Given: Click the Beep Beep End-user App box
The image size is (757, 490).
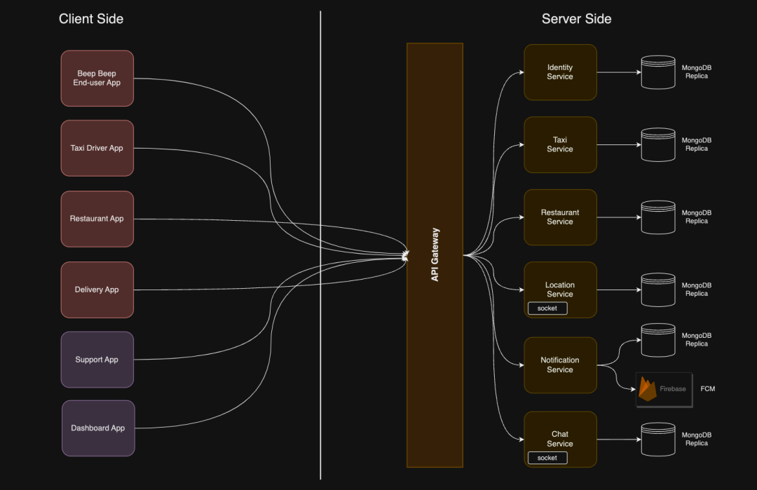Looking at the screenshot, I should coord(97,78).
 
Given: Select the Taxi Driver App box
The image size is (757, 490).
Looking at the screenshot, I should coord(97,148).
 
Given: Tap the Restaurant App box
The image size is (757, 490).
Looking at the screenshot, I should coord(97,219).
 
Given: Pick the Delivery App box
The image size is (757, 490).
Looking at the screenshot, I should coord(97,290).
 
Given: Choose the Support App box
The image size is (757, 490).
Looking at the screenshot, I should coord(97,360).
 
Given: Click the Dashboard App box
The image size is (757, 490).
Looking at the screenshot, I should coord(98,428).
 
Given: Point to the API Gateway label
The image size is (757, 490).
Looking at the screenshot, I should coord(435,255).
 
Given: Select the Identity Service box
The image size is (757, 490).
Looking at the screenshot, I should coord(560,72).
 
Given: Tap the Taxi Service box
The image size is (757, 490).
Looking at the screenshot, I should coord(560,144).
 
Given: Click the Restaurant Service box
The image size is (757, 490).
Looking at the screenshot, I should coord(560,217).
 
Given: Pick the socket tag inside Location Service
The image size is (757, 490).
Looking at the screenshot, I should coord(547,308).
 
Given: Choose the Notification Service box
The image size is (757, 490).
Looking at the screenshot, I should coord(560,365).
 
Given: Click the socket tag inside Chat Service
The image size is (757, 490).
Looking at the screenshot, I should coord(547,458).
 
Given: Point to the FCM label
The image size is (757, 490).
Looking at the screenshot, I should coord(708,388).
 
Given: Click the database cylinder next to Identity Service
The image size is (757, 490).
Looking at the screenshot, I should coord(658,72).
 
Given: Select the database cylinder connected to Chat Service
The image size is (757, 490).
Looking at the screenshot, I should coord(658,439).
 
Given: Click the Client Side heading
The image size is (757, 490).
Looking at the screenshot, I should coord(91,19).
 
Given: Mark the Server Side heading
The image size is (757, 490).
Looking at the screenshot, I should coord(576,19).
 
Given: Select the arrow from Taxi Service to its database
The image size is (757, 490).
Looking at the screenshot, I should coord(618,145).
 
